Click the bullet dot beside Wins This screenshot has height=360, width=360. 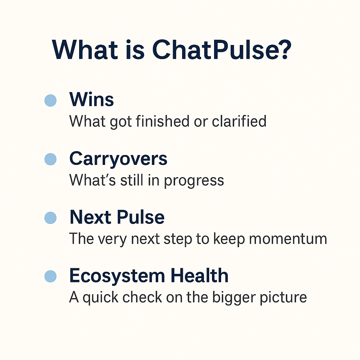pyautogui.click(x=51, y=100)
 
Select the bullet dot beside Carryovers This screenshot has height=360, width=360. pyautogui.click(x=51, y=159)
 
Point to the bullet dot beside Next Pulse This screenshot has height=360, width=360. pyautogui.click(x=51, y=218)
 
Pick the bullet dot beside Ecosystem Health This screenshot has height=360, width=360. pyautogui.click(x=51, y=276)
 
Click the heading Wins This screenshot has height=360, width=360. pyautogui.click(x=92, y=99)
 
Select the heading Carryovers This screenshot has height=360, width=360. pyautogui.click(x=118, y=159)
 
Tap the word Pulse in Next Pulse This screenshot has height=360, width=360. pyautogui.click(x=141, y=217)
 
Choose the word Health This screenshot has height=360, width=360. pyautogui.click(x=200, y=275)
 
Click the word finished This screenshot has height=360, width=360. pyautogui.click(x=162, y=121)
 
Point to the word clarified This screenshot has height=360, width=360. pyautogui.click(x=239, y=121)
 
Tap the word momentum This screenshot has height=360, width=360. pyautogui.click(x=288, y=239)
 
